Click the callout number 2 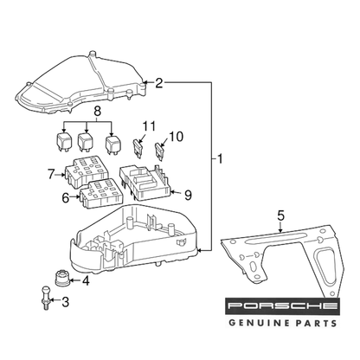159,83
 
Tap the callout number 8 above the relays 98,112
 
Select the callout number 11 149,126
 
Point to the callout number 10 177,137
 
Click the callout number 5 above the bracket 281,215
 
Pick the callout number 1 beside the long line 220,159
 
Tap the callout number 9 188,196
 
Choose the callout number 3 66,302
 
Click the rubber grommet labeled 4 61,278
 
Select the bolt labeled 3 45,298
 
